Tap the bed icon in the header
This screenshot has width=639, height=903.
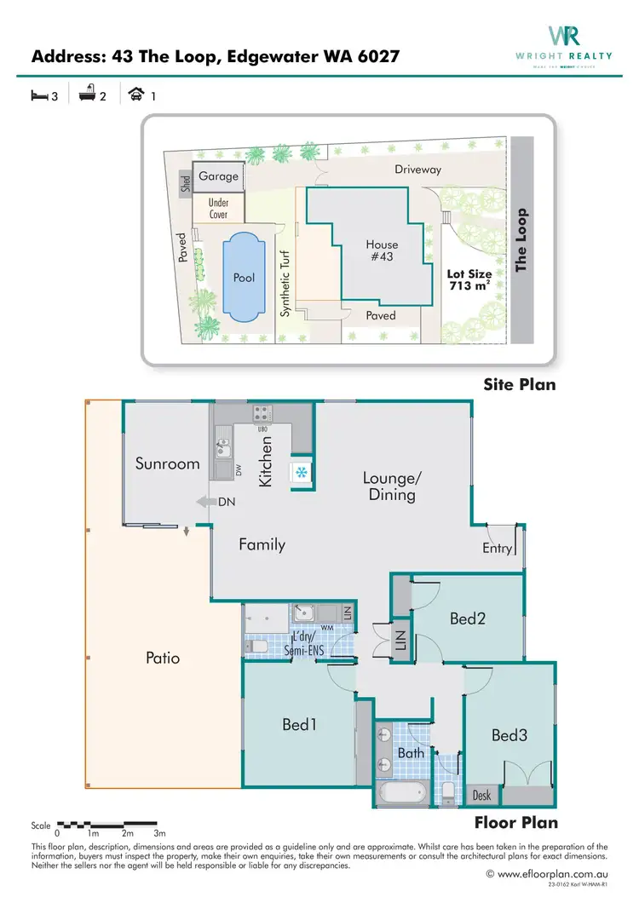39,96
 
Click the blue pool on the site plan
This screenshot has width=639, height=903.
244,278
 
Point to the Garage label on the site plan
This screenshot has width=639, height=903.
218,176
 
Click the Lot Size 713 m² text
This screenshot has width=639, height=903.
469,280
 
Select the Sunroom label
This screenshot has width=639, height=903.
167,464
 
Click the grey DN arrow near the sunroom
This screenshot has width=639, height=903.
204,503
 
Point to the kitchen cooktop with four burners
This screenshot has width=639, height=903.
262,413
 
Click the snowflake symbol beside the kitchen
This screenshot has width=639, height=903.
302,472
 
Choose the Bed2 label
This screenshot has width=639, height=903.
468,619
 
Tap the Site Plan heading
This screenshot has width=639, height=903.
519,384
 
